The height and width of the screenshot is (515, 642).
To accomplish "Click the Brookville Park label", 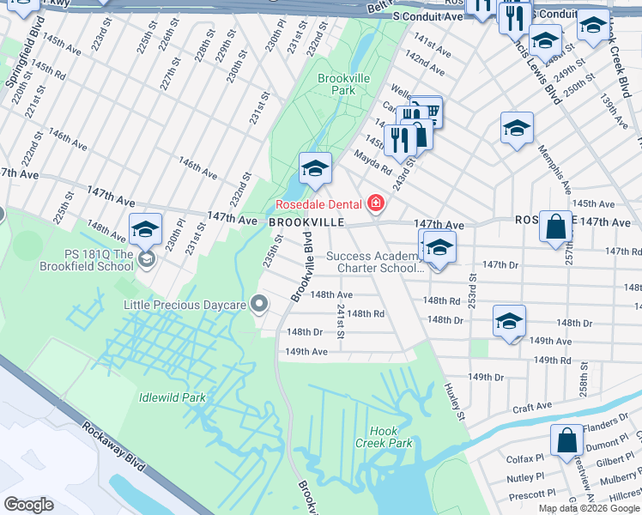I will (x=343, y=83).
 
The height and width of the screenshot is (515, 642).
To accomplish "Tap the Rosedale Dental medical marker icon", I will (x=375, y=203).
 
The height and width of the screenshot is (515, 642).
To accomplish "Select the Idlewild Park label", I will (x=173, y=397).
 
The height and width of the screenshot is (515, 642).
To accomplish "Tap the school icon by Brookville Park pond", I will (x=315, y=168).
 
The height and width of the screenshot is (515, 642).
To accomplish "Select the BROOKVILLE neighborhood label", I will (x=306, y=221).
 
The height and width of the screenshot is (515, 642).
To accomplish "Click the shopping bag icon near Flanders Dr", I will (x=567, y=440).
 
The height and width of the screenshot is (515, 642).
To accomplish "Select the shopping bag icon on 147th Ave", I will (x=556, y=227).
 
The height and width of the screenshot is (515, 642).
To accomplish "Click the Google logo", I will (x=29, y=504).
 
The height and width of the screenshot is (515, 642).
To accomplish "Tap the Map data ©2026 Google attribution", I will (x=589, y=508).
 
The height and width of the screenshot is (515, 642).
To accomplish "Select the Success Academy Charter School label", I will (x=375, y=262).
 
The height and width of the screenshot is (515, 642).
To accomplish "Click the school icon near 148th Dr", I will (x=509, y=321).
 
